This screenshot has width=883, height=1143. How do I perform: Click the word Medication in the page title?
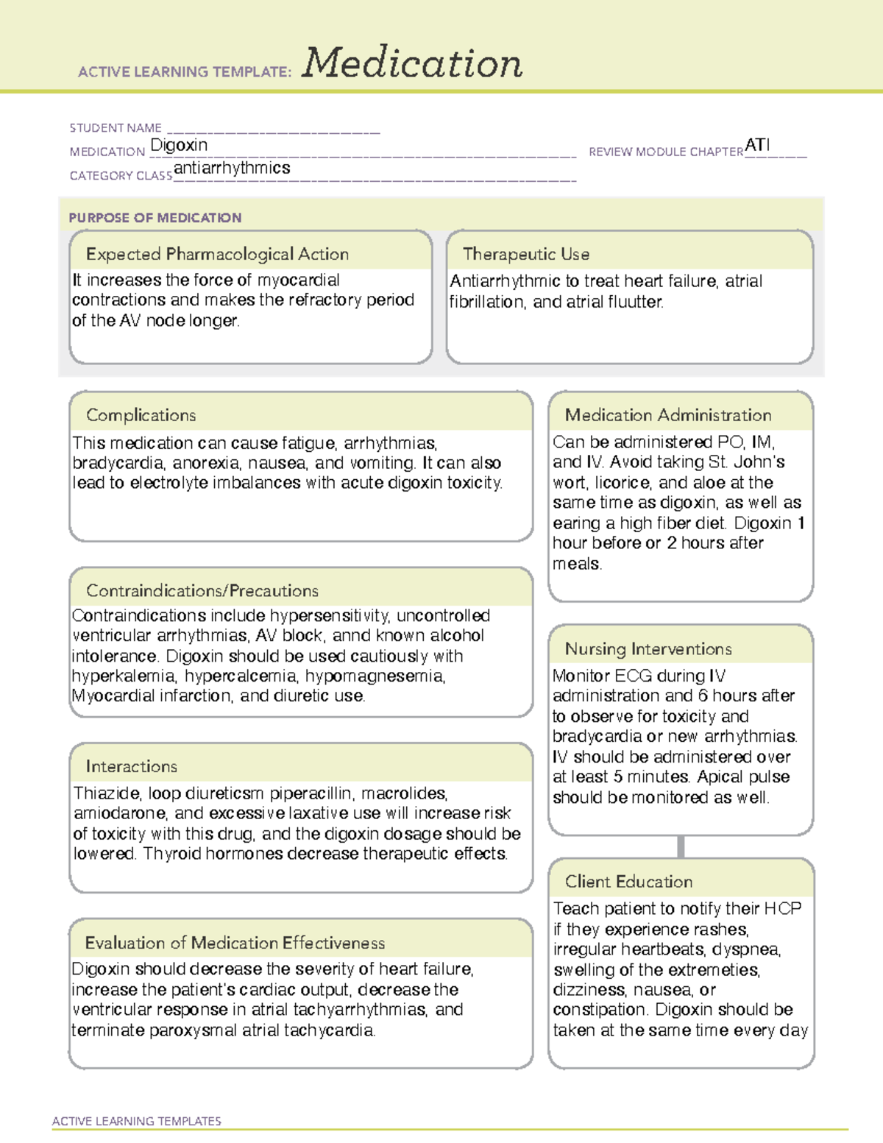click(412, 63)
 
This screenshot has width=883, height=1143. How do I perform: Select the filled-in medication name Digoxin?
click(179, 145)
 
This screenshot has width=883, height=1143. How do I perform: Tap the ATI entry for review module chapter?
click(757, 145)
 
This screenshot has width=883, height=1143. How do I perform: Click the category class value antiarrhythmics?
click(232, 169)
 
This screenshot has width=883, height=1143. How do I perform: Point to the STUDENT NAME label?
click(116, 128)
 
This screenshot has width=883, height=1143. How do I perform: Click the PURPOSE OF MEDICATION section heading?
click(155, 218)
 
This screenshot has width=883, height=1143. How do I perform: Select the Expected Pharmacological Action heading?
click(217, 254)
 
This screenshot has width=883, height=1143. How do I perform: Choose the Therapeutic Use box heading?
click(526, 254)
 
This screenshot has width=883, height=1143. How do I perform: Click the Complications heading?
click(141, 415)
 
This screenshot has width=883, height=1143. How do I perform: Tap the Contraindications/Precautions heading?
click(202, 591)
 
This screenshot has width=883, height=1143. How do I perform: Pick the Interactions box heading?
click(132, 767)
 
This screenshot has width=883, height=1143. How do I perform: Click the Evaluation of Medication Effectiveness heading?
click(235, 943)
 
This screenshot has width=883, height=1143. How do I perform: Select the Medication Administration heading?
click(668, 415)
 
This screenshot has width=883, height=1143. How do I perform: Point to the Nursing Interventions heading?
click(648, 649)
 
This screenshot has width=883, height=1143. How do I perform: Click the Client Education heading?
click(629, 882)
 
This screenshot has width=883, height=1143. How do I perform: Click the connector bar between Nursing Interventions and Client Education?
click(681, 846)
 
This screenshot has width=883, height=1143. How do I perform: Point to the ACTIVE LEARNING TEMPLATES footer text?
click(137, 1121)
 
